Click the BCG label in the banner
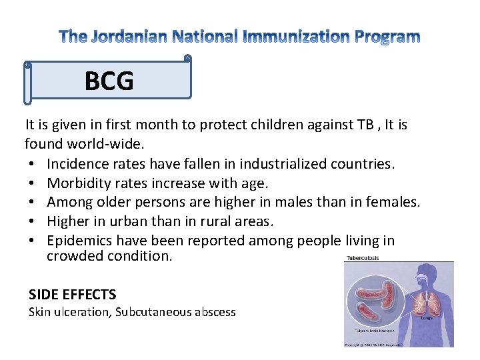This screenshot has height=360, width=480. click(109, 81)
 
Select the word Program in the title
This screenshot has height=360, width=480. click(383, 37)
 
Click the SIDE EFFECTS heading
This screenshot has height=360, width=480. click(73, 294)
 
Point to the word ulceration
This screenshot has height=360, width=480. click(83, 312)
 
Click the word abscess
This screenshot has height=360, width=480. click(214, 312)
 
